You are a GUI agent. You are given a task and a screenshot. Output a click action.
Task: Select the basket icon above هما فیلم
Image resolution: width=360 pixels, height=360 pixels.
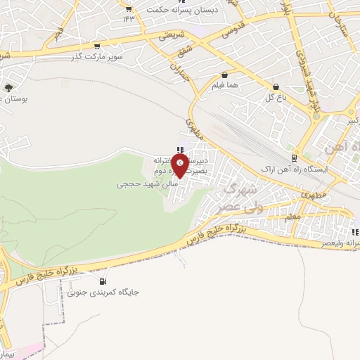tap(224, 75)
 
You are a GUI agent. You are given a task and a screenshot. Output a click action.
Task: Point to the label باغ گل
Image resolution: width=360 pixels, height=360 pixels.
tap(274, 97)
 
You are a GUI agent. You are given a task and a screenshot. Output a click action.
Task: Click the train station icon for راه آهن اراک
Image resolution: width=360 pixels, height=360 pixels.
tap(294, 157)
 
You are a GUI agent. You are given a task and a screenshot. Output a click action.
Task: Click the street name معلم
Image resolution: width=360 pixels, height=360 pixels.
tap(293, 217)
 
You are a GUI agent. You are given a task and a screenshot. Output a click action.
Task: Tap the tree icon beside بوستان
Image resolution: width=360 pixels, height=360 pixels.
tap(8, 89)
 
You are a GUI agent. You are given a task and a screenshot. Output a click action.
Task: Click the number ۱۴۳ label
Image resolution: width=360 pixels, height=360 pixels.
tap(128, 18)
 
